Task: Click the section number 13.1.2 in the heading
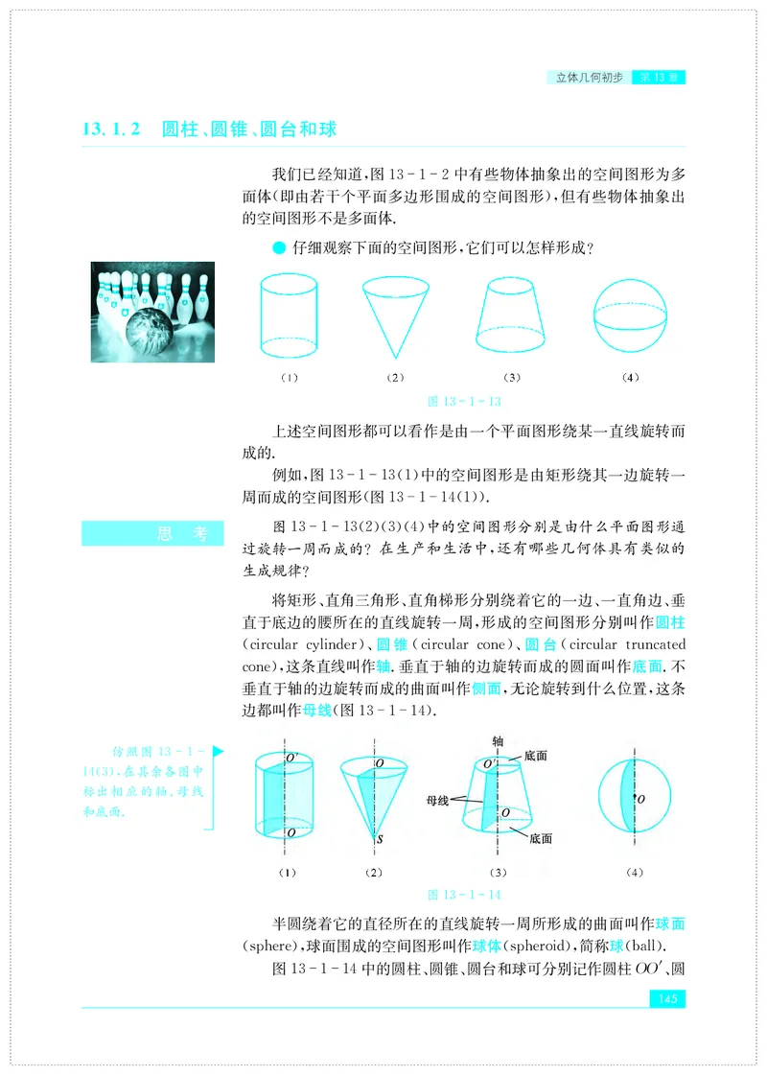(x=112, y=129)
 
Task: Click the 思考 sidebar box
(x=152, y=534)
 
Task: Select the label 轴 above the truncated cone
(x=498, y=741)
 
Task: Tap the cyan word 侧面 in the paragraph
(x=484, y=689)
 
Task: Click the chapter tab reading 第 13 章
(x=659, y=77)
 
